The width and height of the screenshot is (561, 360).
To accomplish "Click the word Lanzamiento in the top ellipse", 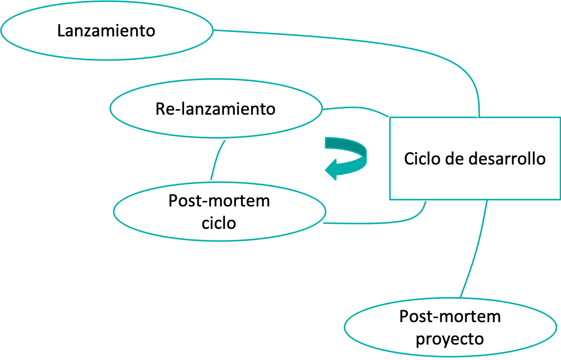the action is [x=106, y=31].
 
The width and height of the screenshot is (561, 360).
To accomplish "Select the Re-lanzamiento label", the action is [x=215, y=109].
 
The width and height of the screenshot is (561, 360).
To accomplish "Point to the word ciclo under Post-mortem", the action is [x=218, y=223].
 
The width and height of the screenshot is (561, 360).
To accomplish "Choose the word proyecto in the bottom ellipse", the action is [x=450, y=339].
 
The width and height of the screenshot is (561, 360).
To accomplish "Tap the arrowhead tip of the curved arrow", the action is [x=325, y=169].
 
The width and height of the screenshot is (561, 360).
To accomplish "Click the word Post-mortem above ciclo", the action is [x=219, y=201].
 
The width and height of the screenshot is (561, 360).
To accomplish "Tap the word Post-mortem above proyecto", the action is [x=450, y=317].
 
